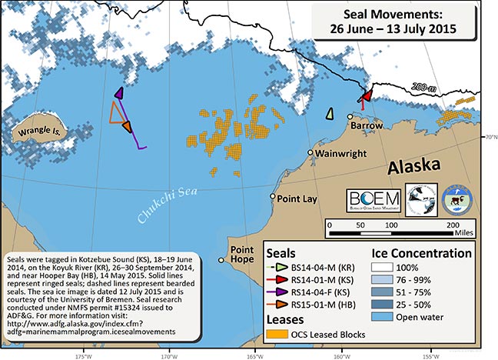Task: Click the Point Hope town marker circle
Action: (x=221, y=259)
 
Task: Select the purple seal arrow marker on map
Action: (x=119, y=93)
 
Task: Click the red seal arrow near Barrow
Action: (x=367, y=94)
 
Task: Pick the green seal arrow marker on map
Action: (x=330, y=114)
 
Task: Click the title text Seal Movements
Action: (x=390, y=15)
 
